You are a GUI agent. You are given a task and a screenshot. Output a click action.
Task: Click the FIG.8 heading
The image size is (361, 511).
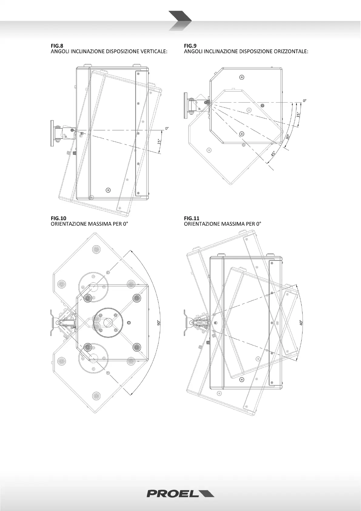click(x=57, y=46)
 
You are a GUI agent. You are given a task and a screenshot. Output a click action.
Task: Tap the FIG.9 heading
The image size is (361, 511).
click(x=190, y=46)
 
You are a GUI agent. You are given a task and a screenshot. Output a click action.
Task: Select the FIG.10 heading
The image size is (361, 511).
click(x=58, y=218)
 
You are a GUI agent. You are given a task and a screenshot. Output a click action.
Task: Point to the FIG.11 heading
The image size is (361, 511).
click(x=192, y=218)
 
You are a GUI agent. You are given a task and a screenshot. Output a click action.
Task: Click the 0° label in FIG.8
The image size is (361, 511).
click(x=166, y=128)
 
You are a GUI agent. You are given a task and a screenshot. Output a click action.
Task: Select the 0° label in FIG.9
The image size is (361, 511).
click(x=305, y=100)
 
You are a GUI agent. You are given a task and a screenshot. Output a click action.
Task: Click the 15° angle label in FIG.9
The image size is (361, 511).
click(x=299, y=115)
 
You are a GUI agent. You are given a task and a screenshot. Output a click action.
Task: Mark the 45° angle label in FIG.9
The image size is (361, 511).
click(x=273, y=154)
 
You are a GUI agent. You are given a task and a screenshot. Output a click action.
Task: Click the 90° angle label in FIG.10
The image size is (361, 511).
click(x=159, y=323)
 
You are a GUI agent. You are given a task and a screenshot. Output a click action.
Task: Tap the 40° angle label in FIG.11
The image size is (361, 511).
click(x=301, y=323)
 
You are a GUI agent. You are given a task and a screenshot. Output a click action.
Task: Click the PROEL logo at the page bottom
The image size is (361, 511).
click(x=180, y=494)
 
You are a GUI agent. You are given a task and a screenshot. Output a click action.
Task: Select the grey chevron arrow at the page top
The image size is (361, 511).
click(x=180, y=20)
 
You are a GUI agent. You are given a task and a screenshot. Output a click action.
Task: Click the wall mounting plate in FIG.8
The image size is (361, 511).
click(x=52, y=134)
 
